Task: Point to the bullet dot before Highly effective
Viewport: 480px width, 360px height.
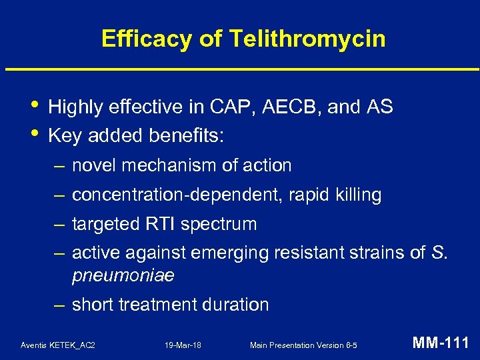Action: (35, 105)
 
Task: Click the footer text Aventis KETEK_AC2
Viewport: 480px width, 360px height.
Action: (58, 345)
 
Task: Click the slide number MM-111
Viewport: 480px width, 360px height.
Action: (441, 343)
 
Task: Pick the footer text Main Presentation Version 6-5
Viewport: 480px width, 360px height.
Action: (303, 345)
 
